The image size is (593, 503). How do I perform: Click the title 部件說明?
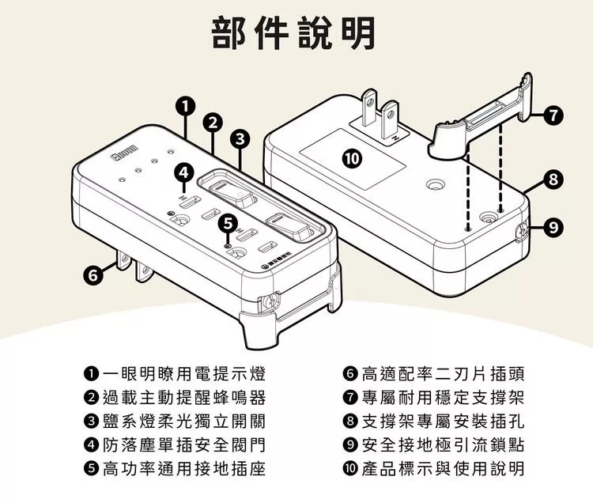coord(296,32)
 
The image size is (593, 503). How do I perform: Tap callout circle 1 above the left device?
coord(184,105)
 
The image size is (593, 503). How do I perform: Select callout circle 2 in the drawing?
coord(212,122)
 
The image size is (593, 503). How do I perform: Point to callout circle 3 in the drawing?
coord(240,140)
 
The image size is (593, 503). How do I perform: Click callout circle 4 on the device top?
coord(183,172)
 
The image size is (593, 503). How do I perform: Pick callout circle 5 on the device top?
coord(227,223)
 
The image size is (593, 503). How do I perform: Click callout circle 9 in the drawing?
coord(555,229)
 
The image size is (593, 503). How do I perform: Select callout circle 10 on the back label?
coord(352,158)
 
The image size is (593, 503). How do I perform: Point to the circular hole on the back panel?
coord(434,184)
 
